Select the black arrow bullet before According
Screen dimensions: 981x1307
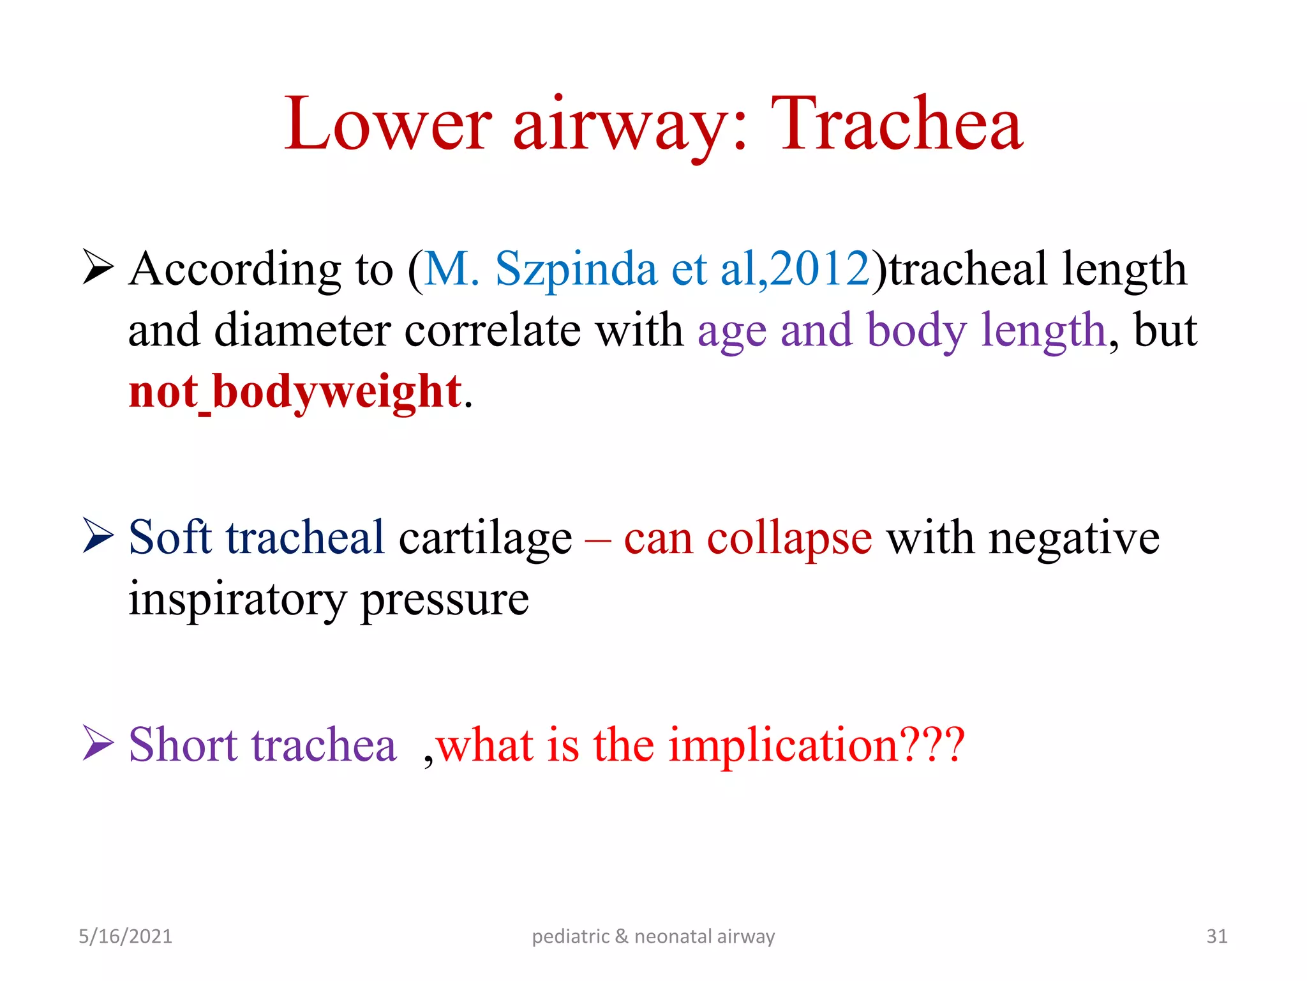pyautogui.click(x=98, y=268)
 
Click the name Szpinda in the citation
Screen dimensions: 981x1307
pyautogui.click(x=576, y=269)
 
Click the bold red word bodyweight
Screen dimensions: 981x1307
pyautogui.click(x=337, y=392)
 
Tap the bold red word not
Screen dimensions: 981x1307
pyautogui.click(x=162, y=392)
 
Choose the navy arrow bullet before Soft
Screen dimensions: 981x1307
pyautogui.click(x=98, y=535)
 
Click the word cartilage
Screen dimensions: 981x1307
pyautogui.click(x=485, y=538)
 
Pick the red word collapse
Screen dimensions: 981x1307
pyautogui.click(x=789, y=538)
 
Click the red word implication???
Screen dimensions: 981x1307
pyautogui.click(x=816, y=745)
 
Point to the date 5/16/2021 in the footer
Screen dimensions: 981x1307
pyautogui.click(x=125, y=936)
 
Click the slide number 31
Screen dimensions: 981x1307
pyautogui.click(x=1216, y=936)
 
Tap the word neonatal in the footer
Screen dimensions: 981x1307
pyautogui.click(x=673, y=936)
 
